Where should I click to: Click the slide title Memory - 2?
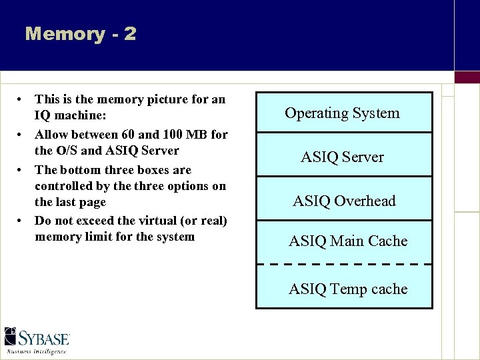pyautogui.click(x=80, y=34)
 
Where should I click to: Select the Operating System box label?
pyautogui.click(x=342, y=113)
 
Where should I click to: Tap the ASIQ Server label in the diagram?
pyautogui.click(x=342, y=157)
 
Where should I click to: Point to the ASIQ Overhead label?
pyautogui.click(x=344, y=201)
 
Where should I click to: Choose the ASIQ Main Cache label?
pyautogui.click(x=347, y=241)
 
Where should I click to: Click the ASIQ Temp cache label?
pyautogui.click(x=347, y=289)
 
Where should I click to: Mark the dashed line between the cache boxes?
pyautogui.click(x=344, y=265)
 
